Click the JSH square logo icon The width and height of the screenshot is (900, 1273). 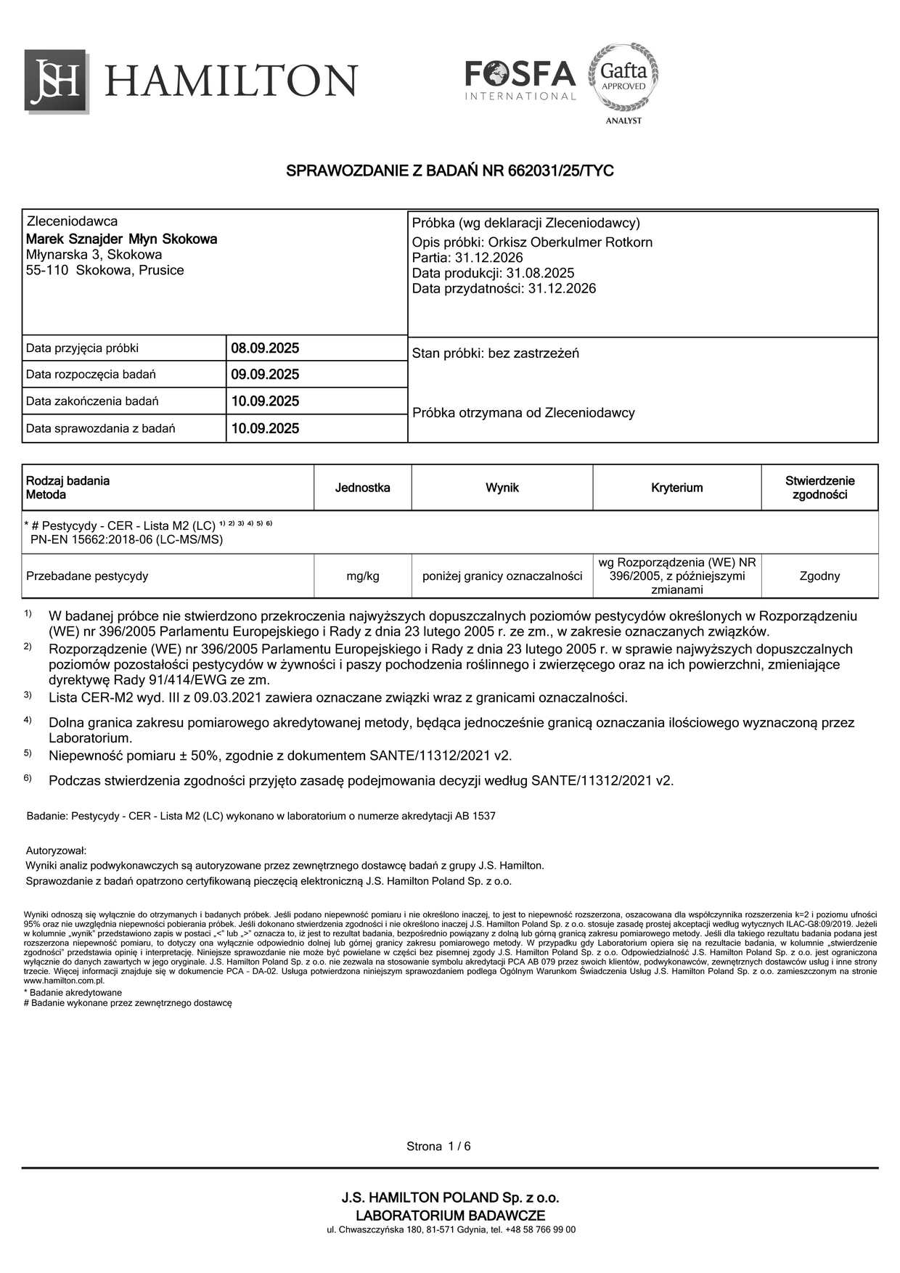tap(57, 81)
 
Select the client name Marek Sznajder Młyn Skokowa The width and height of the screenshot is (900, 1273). tap(121, 239)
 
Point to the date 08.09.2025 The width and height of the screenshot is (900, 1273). tap(265, 348)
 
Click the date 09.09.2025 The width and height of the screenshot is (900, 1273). tap(265, 374)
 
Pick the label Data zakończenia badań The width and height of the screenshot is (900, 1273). tap(92, 401)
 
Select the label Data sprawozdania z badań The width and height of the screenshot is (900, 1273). tap(101, 428)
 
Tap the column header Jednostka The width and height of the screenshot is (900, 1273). tap(362, 488)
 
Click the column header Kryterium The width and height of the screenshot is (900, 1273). tap(676, 488)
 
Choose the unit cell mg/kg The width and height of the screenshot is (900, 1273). tap(363, 576)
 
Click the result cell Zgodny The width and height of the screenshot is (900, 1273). tap(819, 576)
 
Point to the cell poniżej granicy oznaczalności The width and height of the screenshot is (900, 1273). tap(502, 576)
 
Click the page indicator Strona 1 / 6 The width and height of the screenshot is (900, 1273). tap(438, 1147)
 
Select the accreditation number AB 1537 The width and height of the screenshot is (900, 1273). tap(475, 816)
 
